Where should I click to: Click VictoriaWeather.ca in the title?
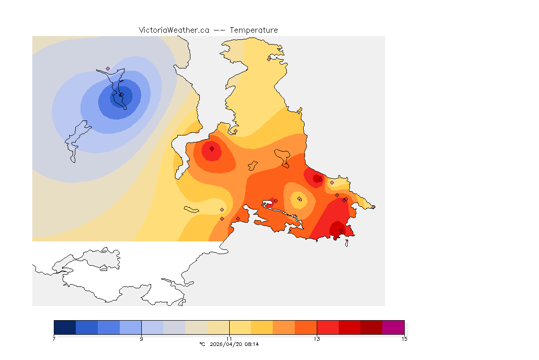pos(174,30)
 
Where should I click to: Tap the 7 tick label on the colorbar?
pos(54,339)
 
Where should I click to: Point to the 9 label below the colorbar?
pos(141,339)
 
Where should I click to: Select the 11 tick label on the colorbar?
pos(229,339)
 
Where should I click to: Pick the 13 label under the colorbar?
pos(317,339)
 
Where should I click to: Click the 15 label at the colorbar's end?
pos(404,339)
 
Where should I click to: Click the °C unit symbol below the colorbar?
pos(202,344)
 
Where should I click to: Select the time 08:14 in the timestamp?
pos(251,344)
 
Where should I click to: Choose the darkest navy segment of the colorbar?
pos(65,327)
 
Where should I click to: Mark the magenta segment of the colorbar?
pos(393,327)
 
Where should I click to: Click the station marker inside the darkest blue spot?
pos(120,95)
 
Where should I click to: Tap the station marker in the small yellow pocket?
pos(299,199)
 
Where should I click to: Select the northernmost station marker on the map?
pos(269,59)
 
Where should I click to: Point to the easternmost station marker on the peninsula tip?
pos(373,207)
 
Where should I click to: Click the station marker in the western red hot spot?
pos(212,149)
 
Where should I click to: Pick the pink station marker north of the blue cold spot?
pos(108,68)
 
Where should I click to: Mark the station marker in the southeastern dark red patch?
pos(341,230)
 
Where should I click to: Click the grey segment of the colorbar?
pos(174,327)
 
